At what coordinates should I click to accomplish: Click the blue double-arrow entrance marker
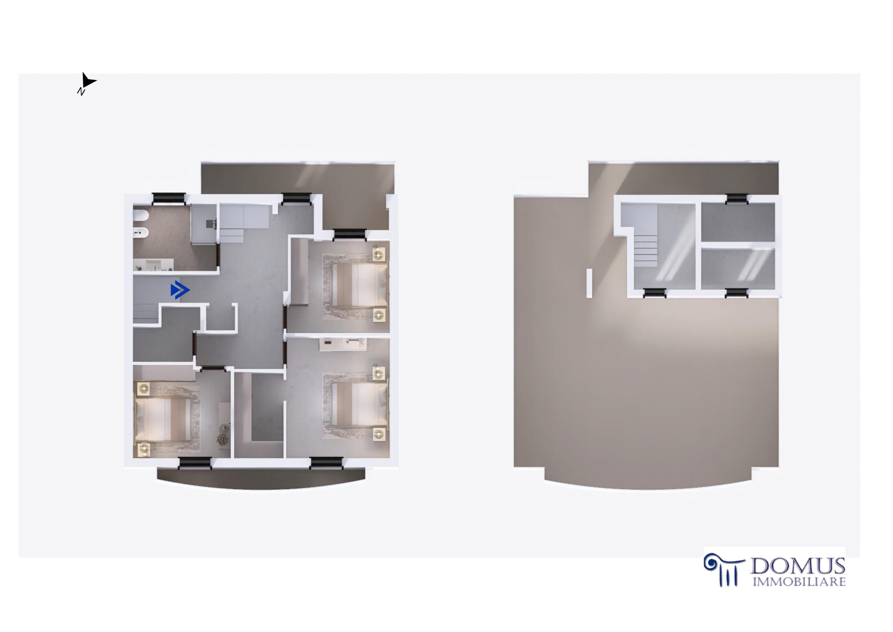click(x=180, y=290)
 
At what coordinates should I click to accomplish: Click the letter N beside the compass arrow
click(x=81, y=91)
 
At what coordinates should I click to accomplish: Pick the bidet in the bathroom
click(x=141, y=232)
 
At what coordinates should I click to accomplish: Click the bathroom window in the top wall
click(x=168, y=199)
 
